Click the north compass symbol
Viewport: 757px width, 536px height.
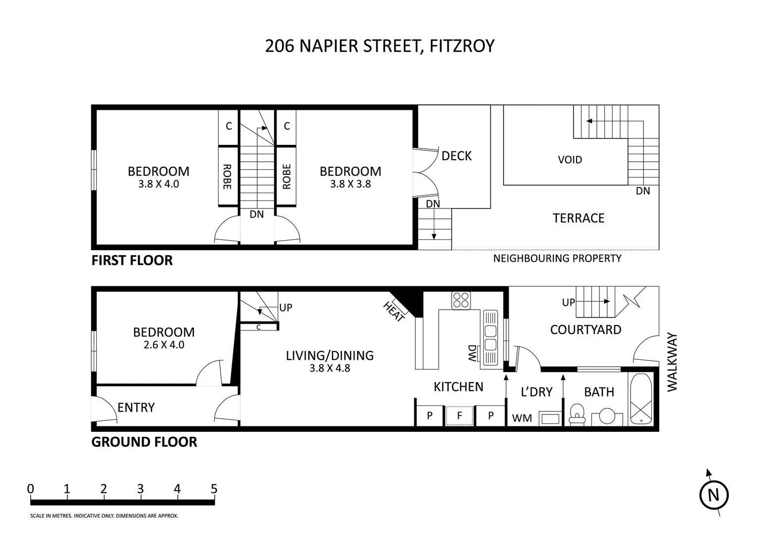click(x=713, y=494)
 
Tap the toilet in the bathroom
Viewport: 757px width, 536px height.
click(x=576, y=414)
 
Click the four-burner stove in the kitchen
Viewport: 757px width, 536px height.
click(x=461, y=300)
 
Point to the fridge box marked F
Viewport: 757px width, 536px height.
click(x=460, y=416)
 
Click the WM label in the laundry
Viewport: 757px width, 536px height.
click(x=522, y=418)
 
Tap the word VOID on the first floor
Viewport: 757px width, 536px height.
click(x=570, y=160)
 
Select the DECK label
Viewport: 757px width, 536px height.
click(x=457, y=156)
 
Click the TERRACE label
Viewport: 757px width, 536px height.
click(x=579, y=218)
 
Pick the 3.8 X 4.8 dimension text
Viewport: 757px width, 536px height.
click(x=330, y=368)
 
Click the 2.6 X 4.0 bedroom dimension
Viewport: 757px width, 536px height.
click(x=164, y=344)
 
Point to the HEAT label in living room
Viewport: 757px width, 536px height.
click(x=395, y=311)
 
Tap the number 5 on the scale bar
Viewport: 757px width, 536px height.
click(x=214, y=489)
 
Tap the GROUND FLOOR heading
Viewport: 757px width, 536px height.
click(x=144, y=442)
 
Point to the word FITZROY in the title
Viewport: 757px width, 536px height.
click(x=462, y=46)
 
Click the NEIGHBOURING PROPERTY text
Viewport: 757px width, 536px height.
click(x=557, y=258)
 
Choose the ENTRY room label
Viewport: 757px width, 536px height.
click(x=136, y=407)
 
